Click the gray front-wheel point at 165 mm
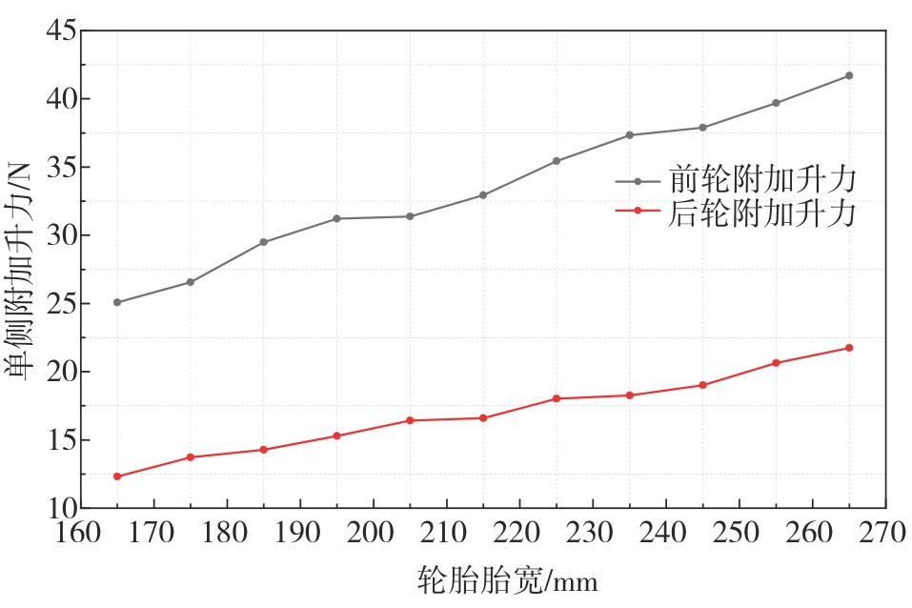click(x=117, y=302)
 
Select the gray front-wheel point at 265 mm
click(x=849, y=75)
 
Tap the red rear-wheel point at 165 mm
click(x=117, y=476)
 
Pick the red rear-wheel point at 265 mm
click(x=849, y=348)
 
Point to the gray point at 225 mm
click(x=557, y=161)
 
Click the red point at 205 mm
click(x=410, y=420)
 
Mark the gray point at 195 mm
click(x=336, y=218)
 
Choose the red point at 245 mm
click(x=702, y=385)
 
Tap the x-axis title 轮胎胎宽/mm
click(x=507, y=579)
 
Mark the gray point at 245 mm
click(x=702, y=128)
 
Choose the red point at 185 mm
click(x=263, y=450)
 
